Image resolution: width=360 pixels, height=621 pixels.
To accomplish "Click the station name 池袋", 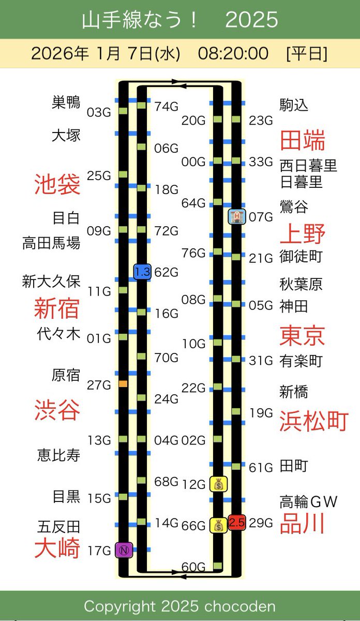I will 57,184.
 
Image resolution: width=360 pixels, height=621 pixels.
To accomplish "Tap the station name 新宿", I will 57,308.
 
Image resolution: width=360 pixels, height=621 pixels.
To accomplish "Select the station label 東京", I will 302,335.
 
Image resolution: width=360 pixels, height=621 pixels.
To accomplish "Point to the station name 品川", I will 302,524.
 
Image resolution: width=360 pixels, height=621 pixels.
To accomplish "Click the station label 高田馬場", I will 51,243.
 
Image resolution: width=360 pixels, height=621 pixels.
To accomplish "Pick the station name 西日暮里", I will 308,166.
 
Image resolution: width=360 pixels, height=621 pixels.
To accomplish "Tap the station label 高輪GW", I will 308,501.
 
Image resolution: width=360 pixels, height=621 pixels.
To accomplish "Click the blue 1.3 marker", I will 142,272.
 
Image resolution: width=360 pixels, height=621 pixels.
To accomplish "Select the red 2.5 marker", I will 236,523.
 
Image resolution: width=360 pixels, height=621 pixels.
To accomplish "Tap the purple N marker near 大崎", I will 124,550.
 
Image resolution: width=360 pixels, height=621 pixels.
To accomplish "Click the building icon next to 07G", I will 236,216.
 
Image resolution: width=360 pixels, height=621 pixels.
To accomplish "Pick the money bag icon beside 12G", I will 218,484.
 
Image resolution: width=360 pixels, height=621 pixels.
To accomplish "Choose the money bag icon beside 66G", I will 218,526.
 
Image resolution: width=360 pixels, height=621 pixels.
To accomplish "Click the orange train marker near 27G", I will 123,384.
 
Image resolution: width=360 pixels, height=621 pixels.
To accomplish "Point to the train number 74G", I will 166,107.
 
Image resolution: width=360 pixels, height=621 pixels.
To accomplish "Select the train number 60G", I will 193,567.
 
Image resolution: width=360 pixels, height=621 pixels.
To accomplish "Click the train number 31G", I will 261,361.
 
